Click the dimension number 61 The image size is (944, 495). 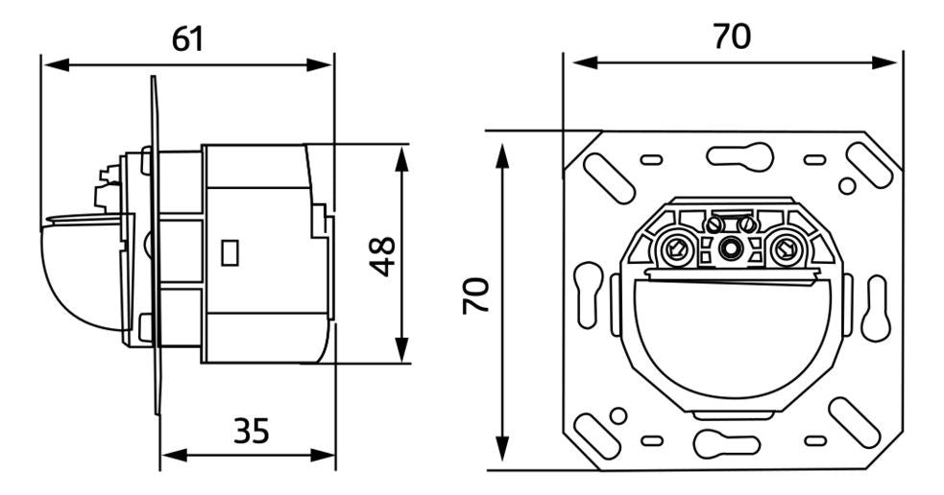(187, 39)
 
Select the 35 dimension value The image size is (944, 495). (252, 431)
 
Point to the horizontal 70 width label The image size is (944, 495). (732, 37)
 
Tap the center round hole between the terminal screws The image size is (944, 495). (731, 248)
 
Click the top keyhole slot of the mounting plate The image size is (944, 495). (732, 153)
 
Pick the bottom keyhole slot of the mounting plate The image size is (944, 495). (732, 441)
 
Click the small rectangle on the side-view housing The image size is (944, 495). (230, 252)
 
